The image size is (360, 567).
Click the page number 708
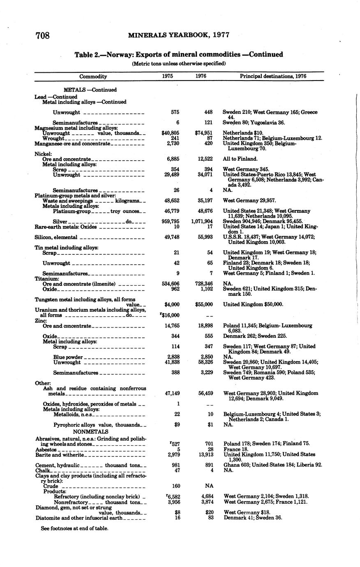pos(43,36)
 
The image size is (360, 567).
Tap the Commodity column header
pos(93,76)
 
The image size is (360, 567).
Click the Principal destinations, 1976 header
pos(273,76)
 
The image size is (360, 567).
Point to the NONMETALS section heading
pos(90,432)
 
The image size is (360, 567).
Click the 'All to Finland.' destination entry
pos(240,159)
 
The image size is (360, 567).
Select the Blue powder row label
pos(68,357)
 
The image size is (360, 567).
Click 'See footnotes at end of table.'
pos(74,528)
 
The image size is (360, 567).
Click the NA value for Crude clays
pos(208,486)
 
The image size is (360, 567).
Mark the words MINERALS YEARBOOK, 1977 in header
pos(178,36)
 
